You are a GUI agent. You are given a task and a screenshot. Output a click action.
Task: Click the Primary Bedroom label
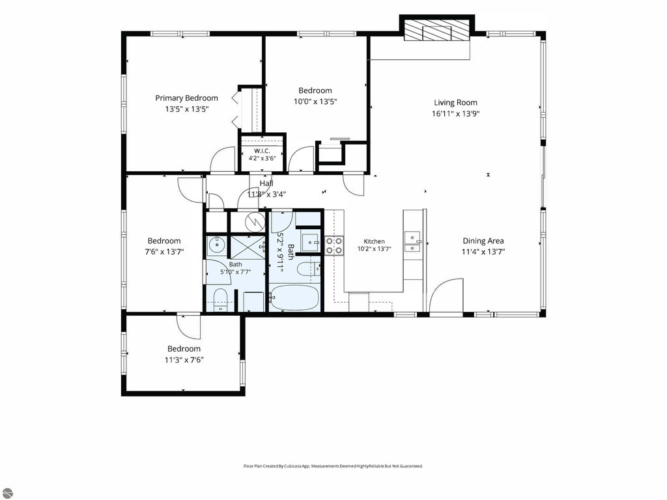[186, 98]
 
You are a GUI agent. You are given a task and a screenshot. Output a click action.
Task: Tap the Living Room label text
[455, 102]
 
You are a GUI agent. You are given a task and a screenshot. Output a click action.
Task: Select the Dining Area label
[483, 241]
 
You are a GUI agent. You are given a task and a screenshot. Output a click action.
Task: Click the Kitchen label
[375, 242]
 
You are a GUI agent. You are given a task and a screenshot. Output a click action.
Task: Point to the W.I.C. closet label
[262, 151]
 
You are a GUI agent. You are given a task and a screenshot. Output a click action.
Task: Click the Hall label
[266, 183]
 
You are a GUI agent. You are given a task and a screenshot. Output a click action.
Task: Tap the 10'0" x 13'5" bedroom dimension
[315, 102]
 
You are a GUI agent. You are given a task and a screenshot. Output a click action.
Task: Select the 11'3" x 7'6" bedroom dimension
[184, 360]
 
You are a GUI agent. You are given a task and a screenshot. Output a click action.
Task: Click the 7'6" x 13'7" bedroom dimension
[164, 252]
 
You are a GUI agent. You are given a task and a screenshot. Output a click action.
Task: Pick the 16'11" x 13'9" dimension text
[455, 113]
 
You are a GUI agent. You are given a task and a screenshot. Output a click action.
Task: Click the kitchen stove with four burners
[334, 245]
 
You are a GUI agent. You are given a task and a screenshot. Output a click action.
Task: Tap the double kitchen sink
[412, 242]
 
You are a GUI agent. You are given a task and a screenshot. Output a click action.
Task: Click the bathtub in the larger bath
[294, 297]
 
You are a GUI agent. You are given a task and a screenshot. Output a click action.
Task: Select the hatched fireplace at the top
[437, 31]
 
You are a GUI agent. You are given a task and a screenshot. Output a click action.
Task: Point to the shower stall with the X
[247, 246]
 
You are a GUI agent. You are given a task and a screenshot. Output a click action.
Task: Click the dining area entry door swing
[446, 296]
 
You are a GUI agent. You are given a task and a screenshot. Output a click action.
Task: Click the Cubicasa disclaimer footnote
[333, 466]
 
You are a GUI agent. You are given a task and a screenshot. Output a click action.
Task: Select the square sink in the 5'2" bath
[311, 242]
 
